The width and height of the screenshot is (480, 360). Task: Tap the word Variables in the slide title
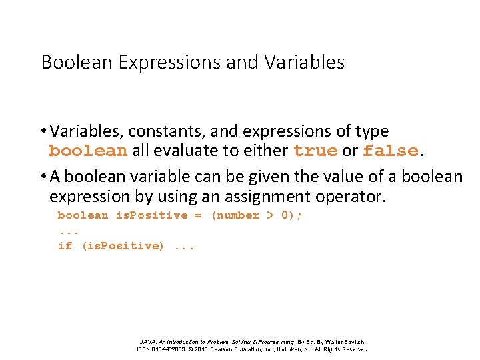tap(305, 63)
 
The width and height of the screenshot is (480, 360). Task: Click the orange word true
tap(315, 151)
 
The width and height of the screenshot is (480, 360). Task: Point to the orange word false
tap(390, 151)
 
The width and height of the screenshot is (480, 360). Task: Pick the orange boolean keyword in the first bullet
tap(88, 151)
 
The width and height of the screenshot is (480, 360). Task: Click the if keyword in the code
tap(65, 246)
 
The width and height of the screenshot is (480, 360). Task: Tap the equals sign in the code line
tap(197, 215)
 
